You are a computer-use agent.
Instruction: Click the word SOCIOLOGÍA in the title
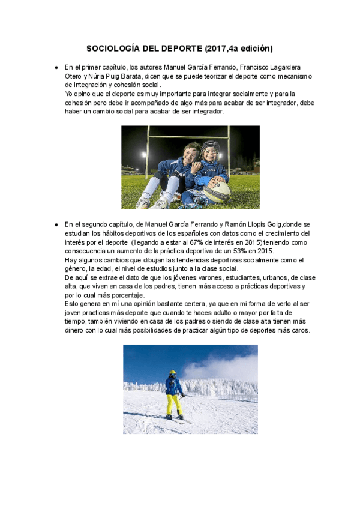pyautogui.click(x=112, y=48)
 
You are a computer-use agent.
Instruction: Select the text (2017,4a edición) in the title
pyautogui.click(x=239, y=48)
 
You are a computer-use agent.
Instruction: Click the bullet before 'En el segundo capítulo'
pyautogui.click(x=56, y=224)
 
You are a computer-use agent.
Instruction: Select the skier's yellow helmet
pyautogui.click(x=173, y=373)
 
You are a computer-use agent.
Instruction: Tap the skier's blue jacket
pyautogui.click(x=173, y=385)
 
